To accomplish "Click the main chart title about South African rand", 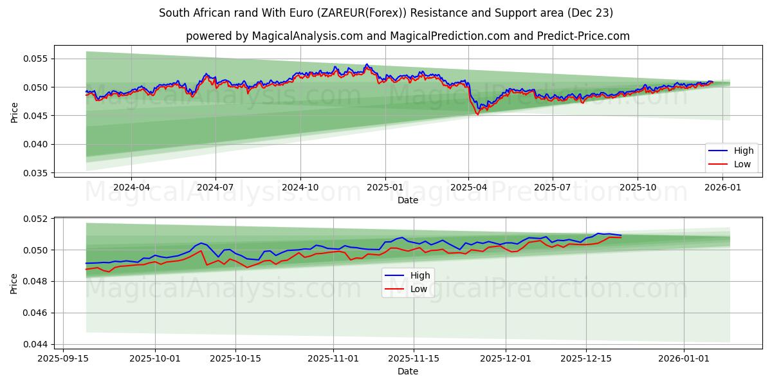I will pyautogui.click(x=386, y=13).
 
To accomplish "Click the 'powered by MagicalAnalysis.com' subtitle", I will pyautogui.click(x=408, y=36).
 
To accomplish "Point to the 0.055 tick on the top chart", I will pyautogui.click(x=36, y=59).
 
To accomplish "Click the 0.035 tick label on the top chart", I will pyautogui.click(x=36, y=173).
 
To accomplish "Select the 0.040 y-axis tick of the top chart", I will pyautogui.click(x=36, y=145).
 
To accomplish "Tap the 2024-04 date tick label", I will pyautogui.click(x=131, y=187).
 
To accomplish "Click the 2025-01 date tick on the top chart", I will pyautogui.click(x=385, y=187).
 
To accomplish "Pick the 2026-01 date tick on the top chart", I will pyautogui.click(x=722, y=187).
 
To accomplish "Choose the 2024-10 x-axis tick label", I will pyautogui.click(x=300, y=187).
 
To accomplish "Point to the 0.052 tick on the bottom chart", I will pyautogui.click(x=36, y=219).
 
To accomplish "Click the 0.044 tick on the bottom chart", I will pyautogui.click(x=36, y=345).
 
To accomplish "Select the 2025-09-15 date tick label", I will pyautogui.click(x=62, y=358).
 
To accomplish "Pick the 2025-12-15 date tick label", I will pyautogui.click(x=585, y=358).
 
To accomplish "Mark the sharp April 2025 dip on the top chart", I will pyautogui.click(x=477, y=113).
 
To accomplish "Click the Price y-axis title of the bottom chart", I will pyautogui.click(x=14, y=283).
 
